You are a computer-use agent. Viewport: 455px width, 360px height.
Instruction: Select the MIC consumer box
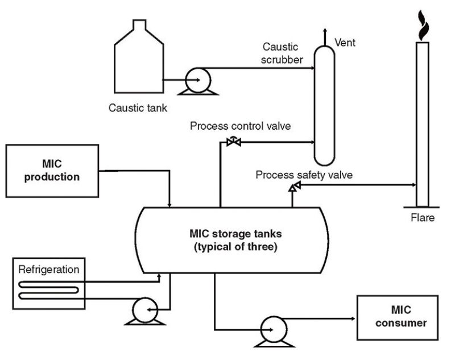click(x=396, y=317)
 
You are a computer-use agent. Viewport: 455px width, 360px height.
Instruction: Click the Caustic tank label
click(x=138, y=107)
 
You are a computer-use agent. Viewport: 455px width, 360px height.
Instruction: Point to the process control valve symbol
click(x=233, y=142)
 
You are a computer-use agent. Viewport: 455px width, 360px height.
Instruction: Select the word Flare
click(x=423, y=217)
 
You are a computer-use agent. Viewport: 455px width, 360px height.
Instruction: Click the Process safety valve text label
click(x=304, y=175)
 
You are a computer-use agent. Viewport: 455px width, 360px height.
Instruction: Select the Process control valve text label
click(x=241, y=126)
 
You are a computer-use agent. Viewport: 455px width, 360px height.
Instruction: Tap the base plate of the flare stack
click(x=422, y=206)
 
